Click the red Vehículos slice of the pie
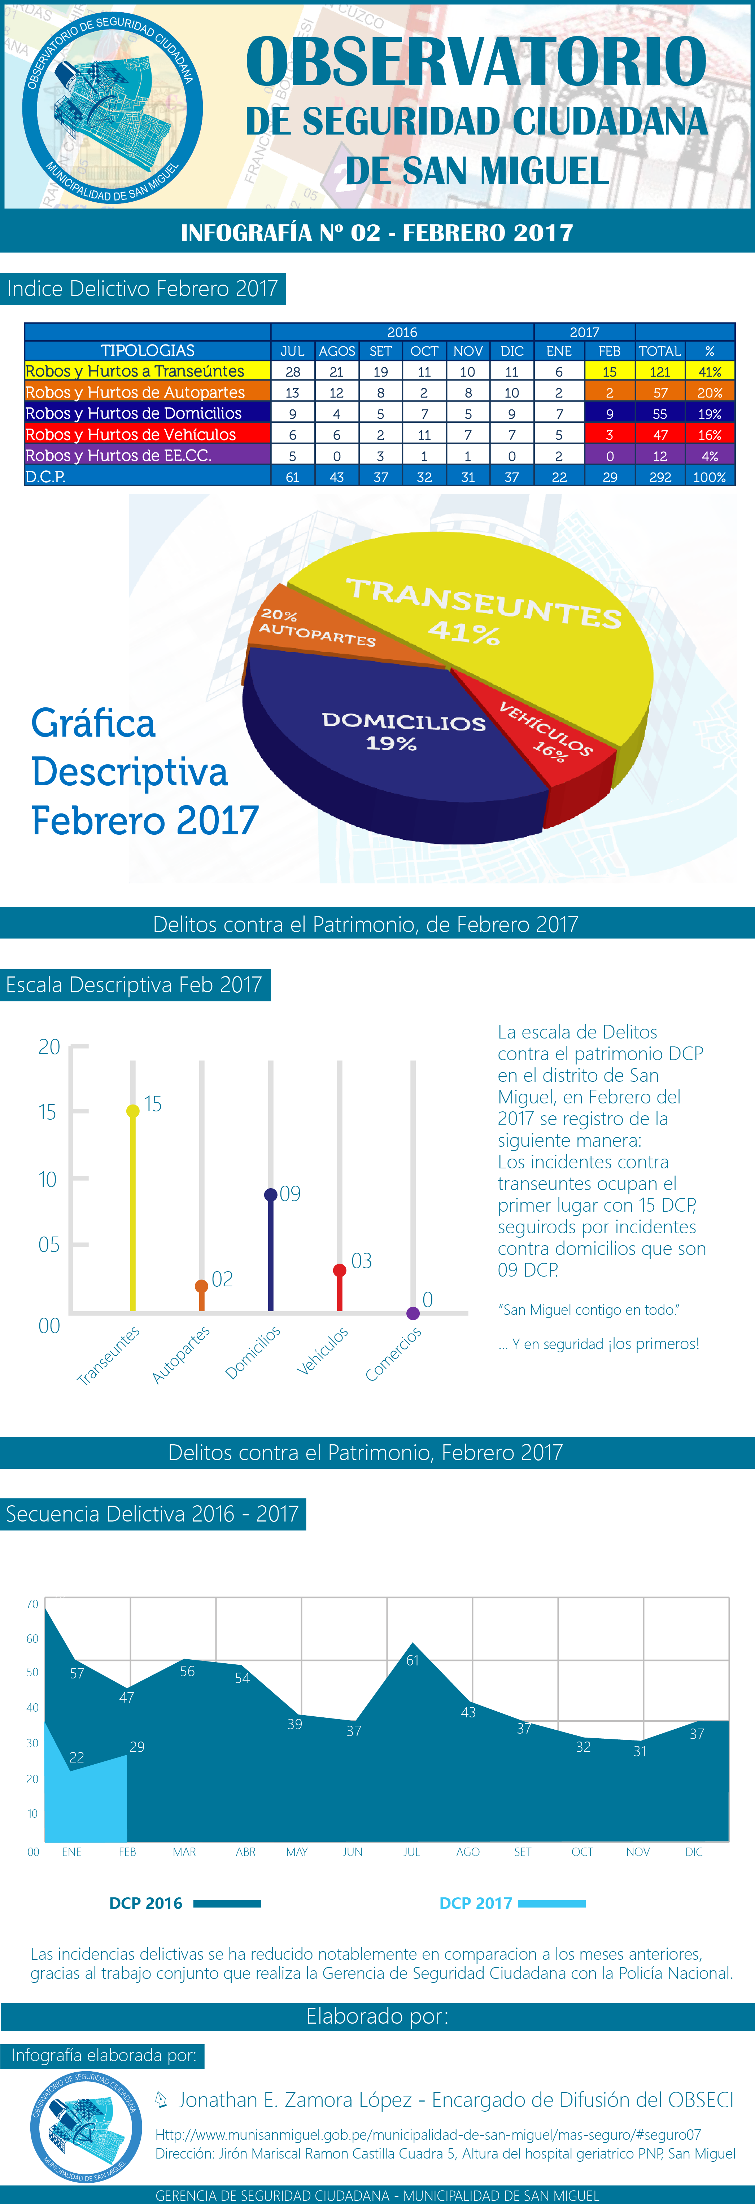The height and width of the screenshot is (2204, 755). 548,736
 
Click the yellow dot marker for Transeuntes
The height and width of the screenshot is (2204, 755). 133,1111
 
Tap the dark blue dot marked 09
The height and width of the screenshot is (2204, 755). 271,1194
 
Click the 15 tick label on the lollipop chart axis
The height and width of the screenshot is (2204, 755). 47,1112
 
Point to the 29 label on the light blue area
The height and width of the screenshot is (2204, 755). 137,1746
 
